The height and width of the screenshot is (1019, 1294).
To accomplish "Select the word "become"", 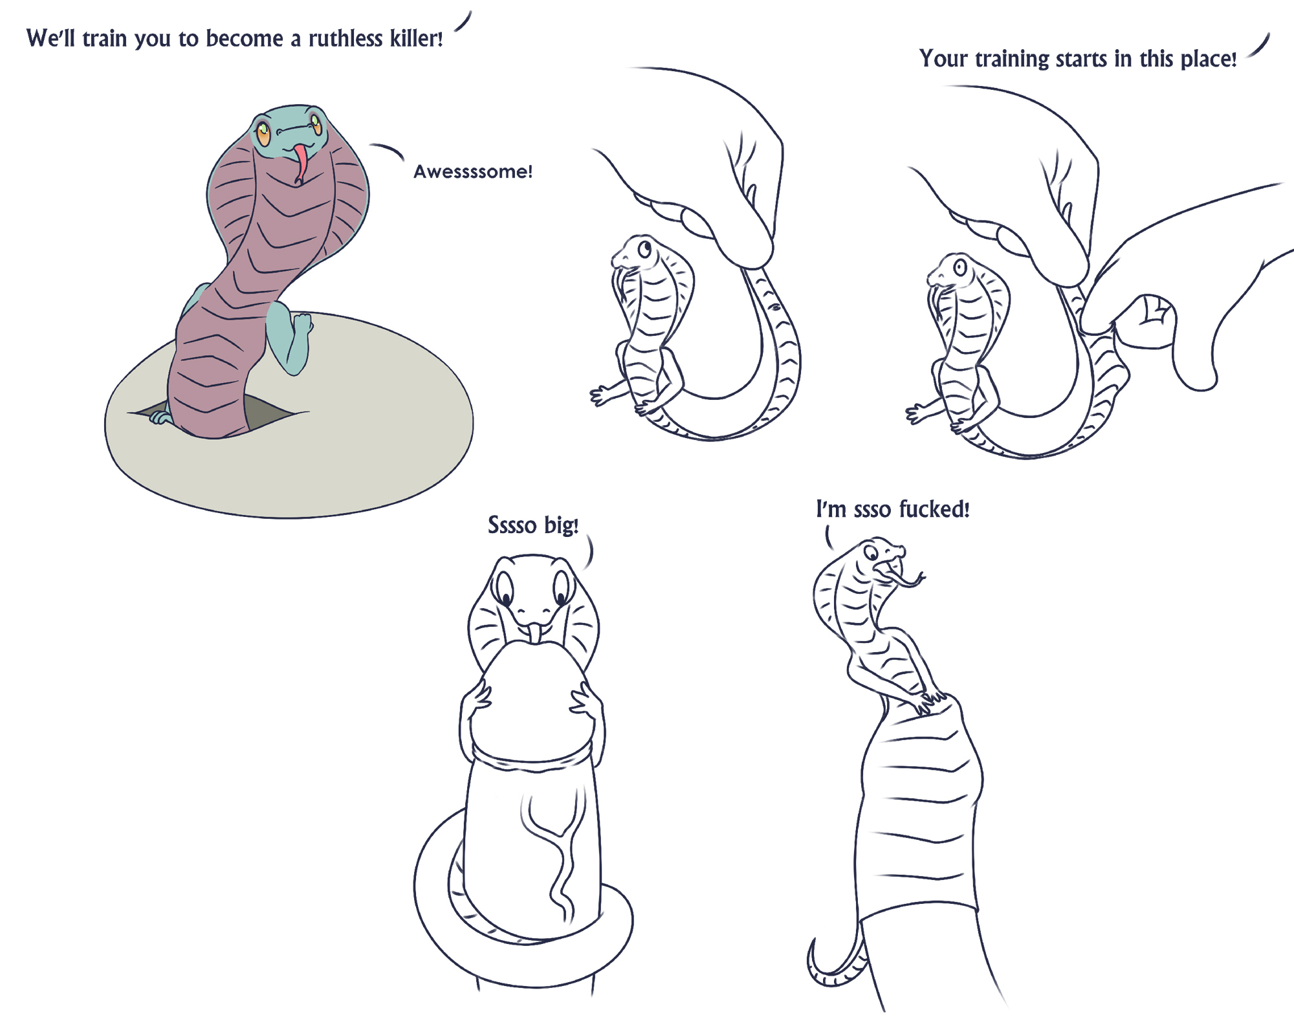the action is coord(245,39).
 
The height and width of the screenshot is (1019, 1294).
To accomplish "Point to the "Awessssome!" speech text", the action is coord(473,172).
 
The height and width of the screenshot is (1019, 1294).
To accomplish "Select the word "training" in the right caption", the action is coord(1012,60).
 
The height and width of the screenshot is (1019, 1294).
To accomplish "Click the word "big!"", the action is coord(561,525).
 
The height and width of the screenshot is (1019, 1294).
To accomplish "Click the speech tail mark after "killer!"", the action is coord(463,21).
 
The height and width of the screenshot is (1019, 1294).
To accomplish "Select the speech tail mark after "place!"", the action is coord(1258,46).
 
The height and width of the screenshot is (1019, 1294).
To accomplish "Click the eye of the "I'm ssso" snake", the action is coord(871,553).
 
